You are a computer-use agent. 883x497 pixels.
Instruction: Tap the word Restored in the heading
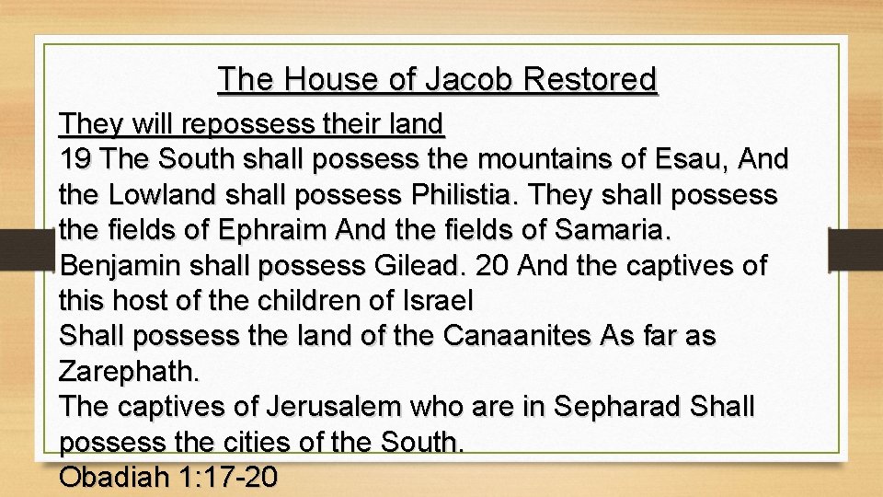pos(591,80)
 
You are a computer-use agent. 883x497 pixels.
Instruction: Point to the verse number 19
pos(76,158)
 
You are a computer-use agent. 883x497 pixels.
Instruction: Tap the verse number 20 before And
pos(494,265)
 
